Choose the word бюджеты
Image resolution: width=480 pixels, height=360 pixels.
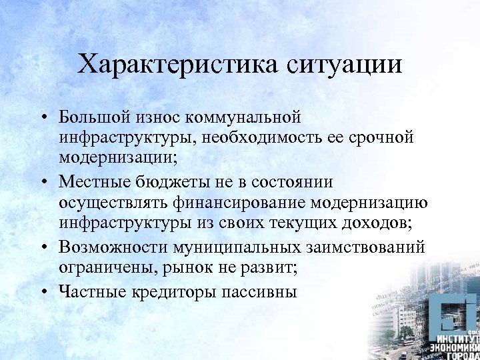pyautogui.click(x=177, y=182)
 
